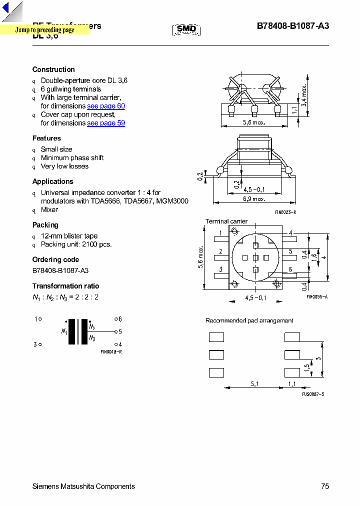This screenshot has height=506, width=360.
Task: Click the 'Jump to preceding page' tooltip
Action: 44,30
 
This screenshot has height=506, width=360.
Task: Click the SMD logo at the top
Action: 186,29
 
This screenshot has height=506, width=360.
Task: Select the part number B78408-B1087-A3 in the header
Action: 293,26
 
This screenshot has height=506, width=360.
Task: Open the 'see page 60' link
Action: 106,106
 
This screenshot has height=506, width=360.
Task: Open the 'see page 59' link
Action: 106,123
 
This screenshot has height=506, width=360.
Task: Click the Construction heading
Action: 53,69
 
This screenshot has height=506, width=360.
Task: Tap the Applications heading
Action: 52,181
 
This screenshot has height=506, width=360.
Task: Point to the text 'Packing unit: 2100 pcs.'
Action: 76,244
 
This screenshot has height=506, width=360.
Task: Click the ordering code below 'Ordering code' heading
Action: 60,270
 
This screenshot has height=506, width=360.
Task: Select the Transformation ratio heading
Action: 65,286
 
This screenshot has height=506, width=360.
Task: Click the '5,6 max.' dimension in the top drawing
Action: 254,122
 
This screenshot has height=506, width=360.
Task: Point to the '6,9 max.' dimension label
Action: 254,199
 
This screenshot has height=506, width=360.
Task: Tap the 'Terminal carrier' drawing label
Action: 226,221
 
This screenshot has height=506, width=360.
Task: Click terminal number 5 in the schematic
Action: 120,331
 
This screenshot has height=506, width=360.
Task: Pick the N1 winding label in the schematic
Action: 64,331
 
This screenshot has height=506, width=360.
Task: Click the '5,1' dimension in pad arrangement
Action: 254,384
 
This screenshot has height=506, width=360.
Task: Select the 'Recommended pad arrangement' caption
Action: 249,320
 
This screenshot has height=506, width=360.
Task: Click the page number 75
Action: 325,486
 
